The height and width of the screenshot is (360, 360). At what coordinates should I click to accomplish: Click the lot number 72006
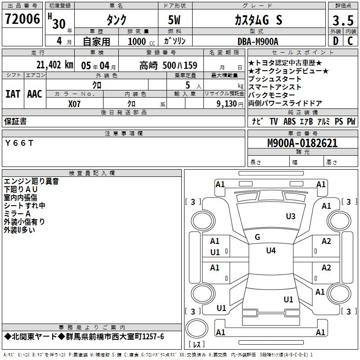pyautogui.click(x=22, y=19)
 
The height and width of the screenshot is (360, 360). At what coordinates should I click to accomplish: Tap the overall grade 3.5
pyautogui.click(x=343, y=20)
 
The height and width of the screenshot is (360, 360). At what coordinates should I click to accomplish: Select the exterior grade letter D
pyautogui.click(x=336, y=41)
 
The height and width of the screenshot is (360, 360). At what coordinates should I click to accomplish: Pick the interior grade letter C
pyautogui.click(x=350, y=41)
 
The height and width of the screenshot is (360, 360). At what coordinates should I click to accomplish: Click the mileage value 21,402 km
pyautogui.click(x=54, y=65)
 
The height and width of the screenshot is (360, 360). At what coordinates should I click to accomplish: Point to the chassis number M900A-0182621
pyautogui.click(x=302, y=143)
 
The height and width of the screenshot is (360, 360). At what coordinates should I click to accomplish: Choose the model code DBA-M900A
pyautogui.click(x=258, y=41)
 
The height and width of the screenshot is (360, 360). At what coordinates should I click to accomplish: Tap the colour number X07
pyautogui.click(x=74, y=104)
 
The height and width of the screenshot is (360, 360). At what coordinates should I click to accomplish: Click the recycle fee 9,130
pyautogui.click(x=227, y=104)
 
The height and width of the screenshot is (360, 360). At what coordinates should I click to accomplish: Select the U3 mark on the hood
pyautogui.click(x=291, y=216)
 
